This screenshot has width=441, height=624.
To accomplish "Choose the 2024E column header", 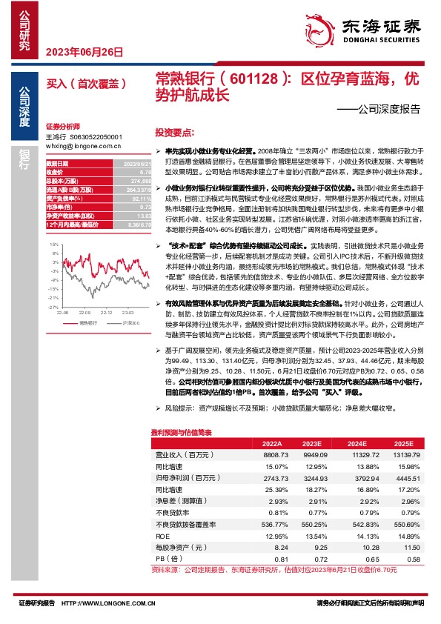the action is (346, 442).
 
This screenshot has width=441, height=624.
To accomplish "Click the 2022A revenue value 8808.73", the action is (276, 454).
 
